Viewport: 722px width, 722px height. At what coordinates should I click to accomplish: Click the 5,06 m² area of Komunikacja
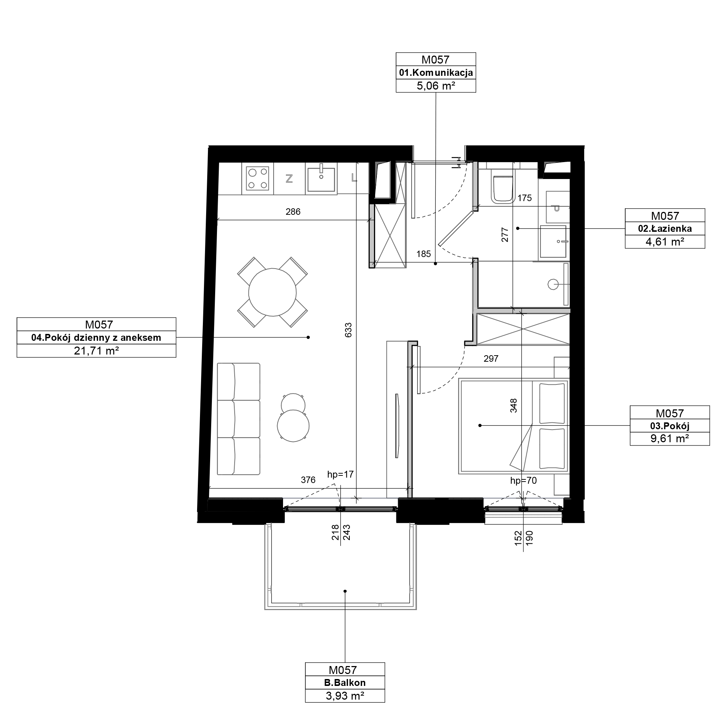click(436, 86)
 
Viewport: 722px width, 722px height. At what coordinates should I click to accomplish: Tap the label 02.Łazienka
click(665, 229)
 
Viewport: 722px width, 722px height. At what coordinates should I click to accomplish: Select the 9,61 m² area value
click(670, 438)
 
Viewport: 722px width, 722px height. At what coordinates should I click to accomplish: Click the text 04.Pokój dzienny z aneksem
click(96, 338)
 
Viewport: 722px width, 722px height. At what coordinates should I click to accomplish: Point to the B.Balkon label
click(345, 683)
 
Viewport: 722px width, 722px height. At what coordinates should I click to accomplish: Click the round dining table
click(273, 292)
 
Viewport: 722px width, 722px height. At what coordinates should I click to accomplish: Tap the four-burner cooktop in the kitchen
click(258, 178)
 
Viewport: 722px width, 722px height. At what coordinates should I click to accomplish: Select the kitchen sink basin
click(321, 179)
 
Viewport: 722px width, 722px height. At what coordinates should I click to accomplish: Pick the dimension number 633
click(348, 330)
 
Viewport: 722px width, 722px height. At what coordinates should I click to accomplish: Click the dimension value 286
click(293, 212)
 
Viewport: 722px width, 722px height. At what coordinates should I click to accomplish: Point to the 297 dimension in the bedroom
click(491, 359)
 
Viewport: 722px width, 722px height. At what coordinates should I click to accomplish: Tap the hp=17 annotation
click(340, 475)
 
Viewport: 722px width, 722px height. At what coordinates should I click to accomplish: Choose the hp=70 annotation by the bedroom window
click(523, 480)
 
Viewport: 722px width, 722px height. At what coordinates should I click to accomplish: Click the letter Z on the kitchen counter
click(289, 179)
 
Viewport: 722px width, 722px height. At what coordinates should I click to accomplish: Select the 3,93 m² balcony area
click(345, 696)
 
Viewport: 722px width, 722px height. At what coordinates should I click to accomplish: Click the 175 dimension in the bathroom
click(525, 198)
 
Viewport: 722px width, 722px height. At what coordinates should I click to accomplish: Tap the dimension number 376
click(308, 480)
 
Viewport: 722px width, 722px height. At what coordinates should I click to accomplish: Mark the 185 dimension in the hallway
click(424, 254)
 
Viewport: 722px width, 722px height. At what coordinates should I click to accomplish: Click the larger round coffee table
click(293, 426)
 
